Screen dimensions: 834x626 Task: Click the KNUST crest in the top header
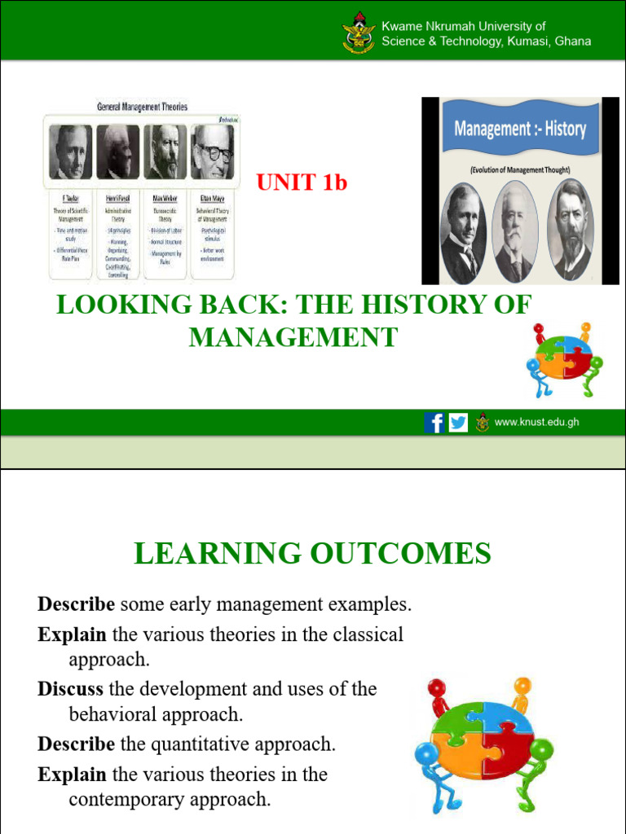click(359, 33)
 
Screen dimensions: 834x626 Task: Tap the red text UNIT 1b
click(302, 183)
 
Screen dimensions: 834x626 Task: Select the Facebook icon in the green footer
click(434, 423)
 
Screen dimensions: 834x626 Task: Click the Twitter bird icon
click(458, 423)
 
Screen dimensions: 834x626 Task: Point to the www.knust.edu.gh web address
click(536, 422)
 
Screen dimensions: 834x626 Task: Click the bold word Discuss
click(70, 689)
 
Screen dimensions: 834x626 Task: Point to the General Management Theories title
click(142, 107)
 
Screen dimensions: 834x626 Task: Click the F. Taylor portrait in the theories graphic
click(70, 152)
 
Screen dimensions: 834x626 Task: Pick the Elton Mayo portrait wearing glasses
click(212, 152)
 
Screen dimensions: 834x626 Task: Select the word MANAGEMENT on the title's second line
click(293, 336)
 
